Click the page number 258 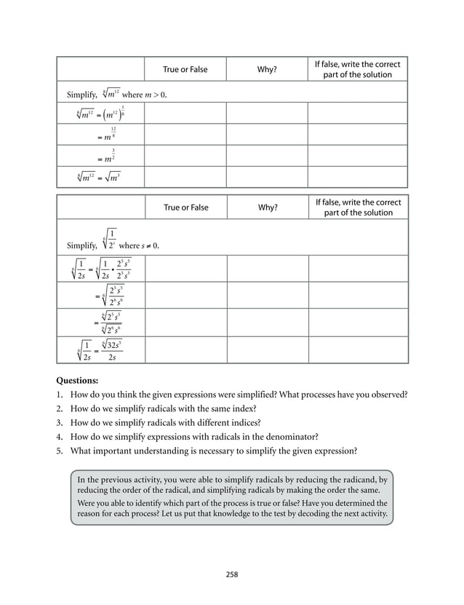231,574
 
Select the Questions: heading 76,381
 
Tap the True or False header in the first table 185,69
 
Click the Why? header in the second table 268,207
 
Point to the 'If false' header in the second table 358,207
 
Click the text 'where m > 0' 144,95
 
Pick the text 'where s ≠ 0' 139,245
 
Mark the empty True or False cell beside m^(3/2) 185,156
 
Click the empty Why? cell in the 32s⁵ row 268,350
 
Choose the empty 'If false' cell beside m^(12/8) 358,135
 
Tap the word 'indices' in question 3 247,422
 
